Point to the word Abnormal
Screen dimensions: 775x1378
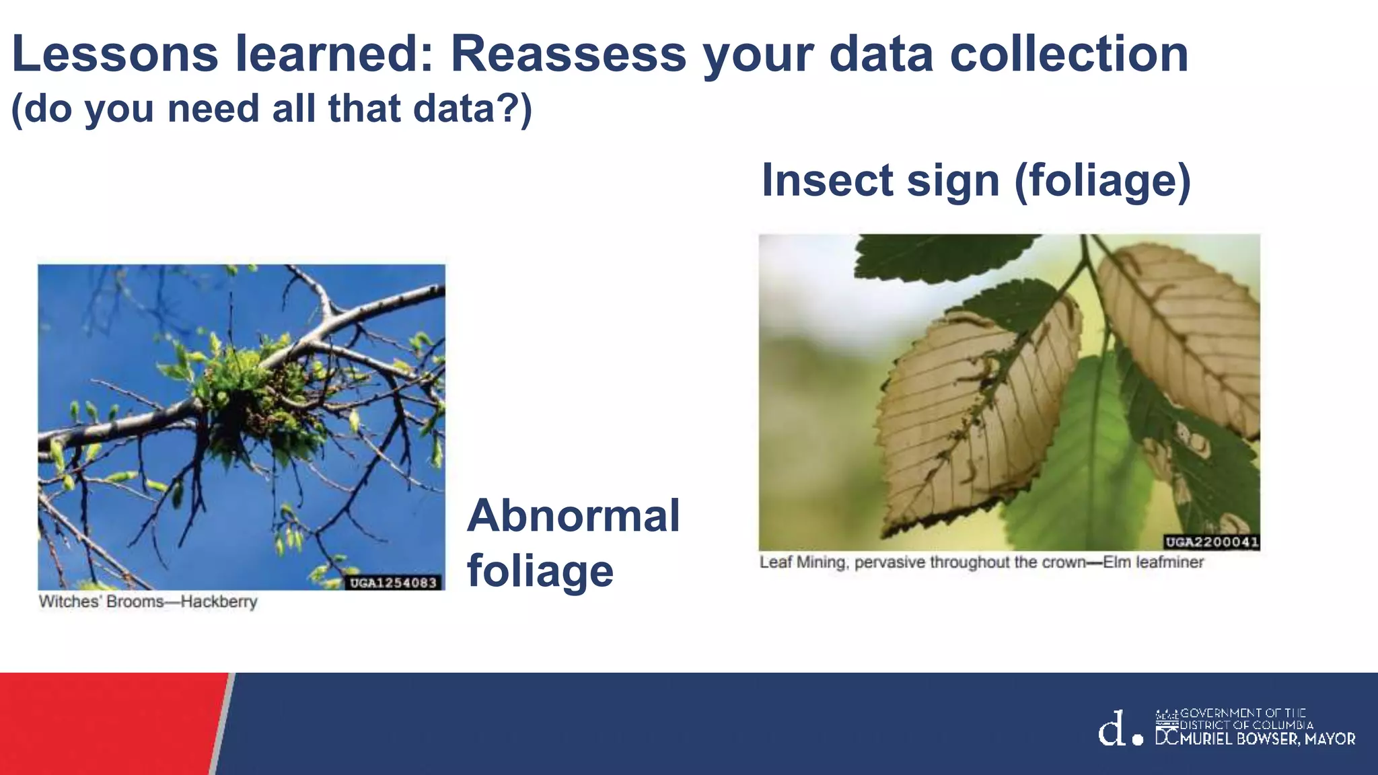pos(573,515)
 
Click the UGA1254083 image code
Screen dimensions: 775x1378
pos(394,583)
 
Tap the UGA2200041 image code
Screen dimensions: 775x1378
pos(1211,542)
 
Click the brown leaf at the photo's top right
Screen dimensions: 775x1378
pos(1184,330)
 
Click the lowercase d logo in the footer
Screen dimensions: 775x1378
pos(1112,729)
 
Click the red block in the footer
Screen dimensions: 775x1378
pos(108,723)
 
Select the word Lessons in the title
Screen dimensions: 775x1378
pos(114,54)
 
